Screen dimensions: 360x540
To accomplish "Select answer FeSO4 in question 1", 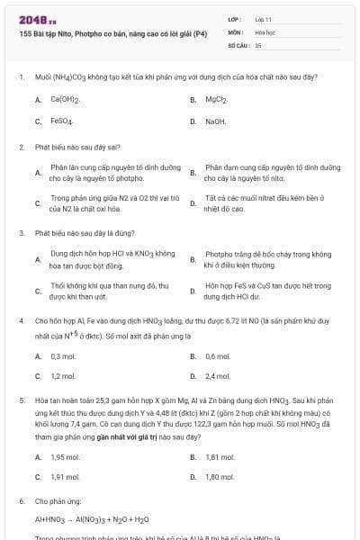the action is coord(62,121).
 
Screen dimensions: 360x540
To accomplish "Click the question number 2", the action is coord(21,146).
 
